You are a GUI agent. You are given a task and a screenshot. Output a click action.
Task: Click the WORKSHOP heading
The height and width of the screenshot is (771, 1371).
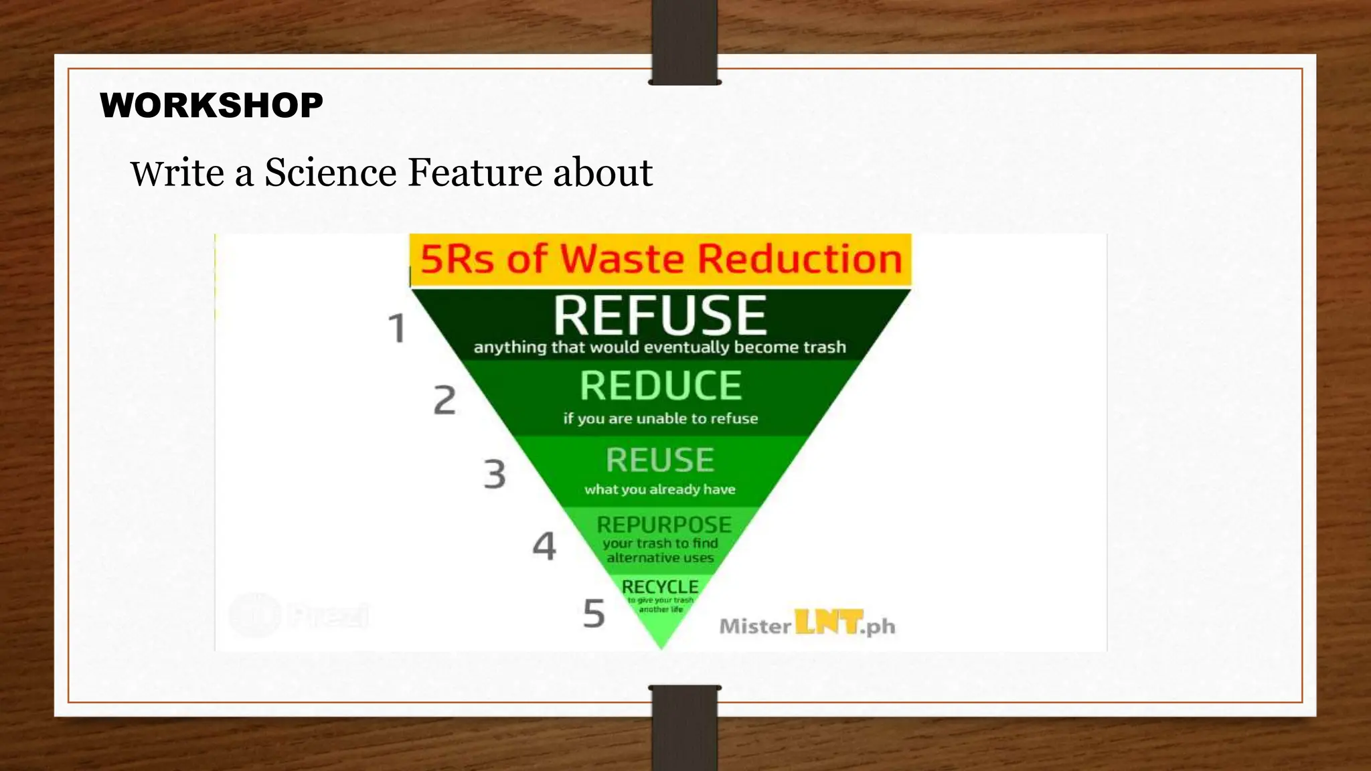click(x=211, y=106)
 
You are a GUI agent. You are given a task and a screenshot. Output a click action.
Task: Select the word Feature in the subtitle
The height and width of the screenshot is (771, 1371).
click(x=475, y=173)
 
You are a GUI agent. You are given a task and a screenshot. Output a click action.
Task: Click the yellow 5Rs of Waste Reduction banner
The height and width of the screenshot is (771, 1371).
click(x=660, y=260)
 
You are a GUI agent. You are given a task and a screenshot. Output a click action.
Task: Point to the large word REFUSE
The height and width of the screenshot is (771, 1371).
click(x=659, y=315)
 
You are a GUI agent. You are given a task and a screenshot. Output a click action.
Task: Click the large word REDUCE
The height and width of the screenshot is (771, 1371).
click(x=661, y=386)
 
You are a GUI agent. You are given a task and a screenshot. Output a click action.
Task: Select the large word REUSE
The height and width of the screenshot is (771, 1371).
click(x=660, y=460)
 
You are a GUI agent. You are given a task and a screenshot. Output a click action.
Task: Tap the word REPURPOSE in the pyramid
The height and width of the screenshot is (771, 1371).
click(x=663, y=525)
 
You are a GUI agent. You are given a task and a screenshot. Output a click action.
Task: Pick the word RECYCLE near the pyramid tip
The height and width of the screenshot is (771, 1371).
click(x=660, y=587)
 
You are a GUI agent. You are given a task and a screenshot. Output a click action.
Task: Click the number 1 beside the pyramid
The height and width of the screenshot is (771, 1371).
click(x=398, y=329)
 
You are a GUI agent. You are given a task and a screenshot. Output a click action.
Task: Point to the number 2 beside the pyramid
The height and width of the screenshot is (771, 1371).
click(x=445, y=400)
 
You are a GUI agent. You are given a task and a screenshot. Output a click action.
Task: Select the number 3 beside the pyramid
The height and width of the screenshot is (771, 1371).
click(x=495, y=474)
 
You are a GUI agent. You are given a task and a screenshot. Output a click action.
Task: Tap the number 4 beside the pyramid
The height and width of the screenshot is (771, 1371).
click(x=544, y=545)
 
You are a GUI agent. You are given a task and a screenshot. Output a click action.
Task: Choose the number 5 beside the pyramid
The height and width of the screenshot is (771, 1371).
click(x=594, y=614)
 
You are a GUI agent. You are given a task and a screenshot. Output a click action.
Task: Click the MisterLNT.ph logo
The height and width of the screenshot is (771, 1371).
click(x=807, y=624)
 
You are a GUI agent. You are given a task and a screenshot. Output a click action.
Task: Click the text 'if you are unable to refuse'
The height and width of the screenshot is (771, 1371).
click(x=661, y=419)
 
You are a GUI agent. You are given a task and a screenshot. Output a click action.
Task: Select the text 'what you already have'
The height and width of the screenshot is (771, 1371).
click(x=660, y=490)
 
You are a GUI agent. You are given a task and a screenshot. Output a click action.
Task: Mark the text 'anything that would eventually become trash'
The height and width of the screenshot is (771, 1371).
click(x=660, y=347)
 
